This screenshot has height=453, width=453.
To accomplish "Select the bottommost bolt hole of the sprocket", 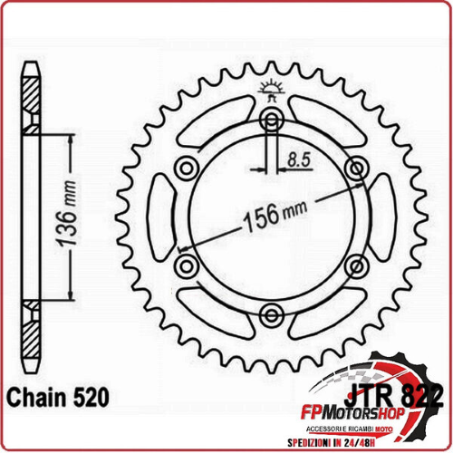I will [270, 313].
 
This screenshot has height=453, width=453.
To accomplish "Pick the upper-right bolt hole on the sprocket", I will [354, 168].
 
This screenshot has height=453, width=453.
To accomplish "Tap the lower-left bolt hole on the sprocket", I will [187, 265].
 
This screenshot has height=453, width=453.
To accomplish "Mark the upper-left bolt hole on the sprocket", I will [187, 168].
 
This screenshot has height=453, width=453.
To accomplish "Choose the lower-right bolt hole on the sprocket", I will [354, 265].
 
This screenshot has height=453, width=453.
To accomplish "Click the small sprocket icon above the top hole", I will [270, 88].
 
